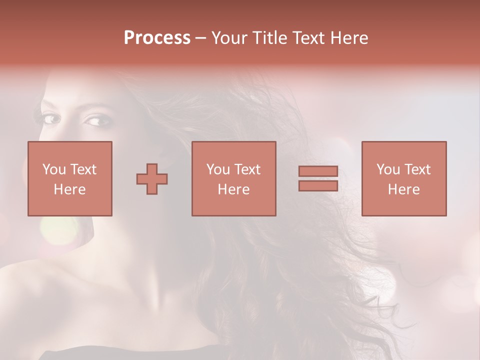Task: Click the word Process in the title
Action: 157,38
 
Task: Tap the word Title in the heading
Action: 269,38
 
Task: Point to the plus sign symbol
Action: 152,179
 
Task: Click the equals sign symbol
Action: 318,178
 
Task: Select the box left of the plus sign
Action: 70,178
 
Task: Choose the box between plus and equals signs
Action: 234,178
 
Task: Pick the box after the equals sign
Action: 404,178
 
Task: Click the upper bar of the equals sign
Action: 318,171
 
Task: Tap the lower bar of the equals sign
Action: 318,185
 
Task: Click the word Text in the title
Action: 306,38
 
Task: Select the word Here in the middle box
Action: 234,189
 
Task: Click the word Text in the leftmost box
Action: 83,169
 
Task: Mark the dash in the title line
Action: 200,38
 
